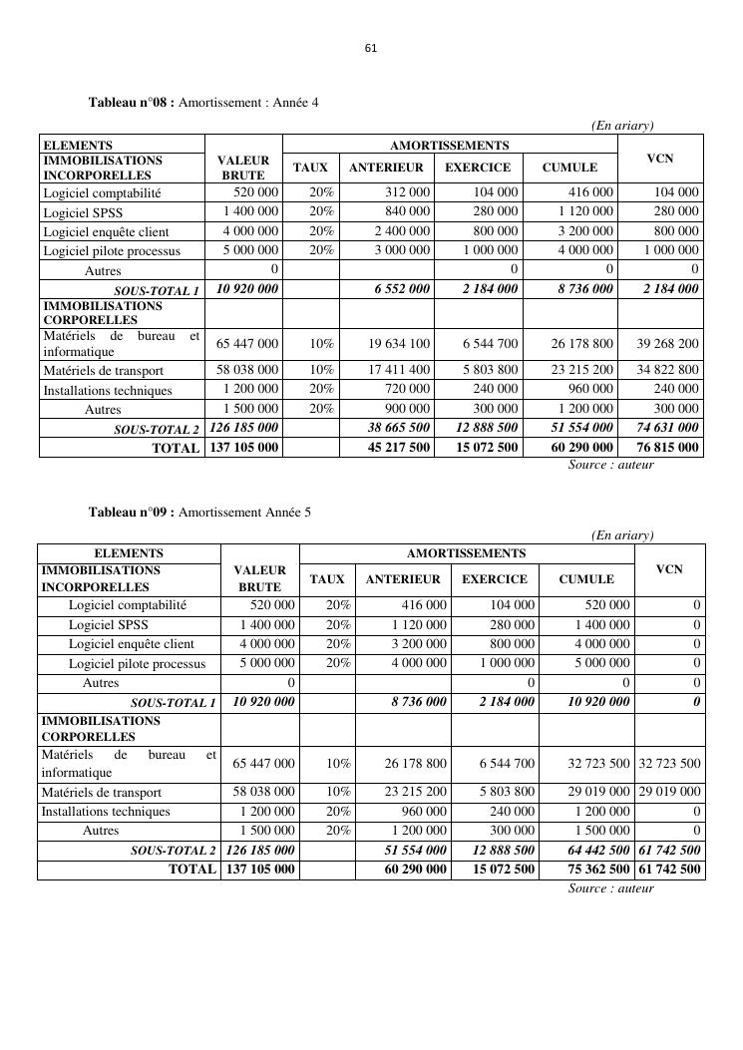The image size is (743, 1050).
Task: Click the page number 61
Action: (371, 48)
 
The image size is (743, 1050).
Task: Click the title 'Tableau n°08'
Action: (132, 103)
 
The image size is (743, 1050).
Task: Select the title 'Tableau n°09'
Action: (132, 513)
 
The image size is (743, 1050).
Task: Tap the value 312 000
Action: (404, 192)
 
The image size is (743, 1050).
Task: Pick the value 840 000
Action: (404, 211)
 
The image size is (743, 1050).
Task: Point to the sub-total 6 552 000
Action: (402, 289)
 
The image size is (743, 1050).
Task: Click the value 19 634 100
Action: (399, 344)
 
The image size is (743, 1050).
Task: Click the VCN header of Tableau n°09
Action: (670, 568)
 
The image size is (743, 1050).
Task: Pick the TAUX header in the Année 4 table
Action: (310, 168)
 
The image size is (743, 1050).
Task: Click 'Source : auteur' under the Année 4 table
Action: (610, 465)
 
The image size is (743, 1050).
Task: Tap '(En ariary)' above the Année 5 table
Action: (621, 535)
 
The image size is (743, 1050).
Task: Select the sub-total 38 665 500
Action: (399, 428)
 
